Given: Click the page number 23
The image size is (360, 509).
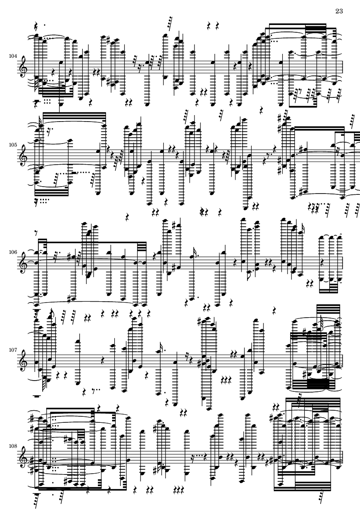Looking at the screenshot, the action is tap(339, 11).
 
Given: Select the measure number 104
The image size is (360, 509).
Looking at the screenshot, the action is tap(13, 56).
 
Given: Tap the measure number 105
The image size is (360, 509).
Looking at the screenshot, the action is tap(13, 145).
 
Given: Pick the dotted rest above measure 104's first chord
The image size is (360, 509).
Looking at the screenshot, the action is tap(38, 25).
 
